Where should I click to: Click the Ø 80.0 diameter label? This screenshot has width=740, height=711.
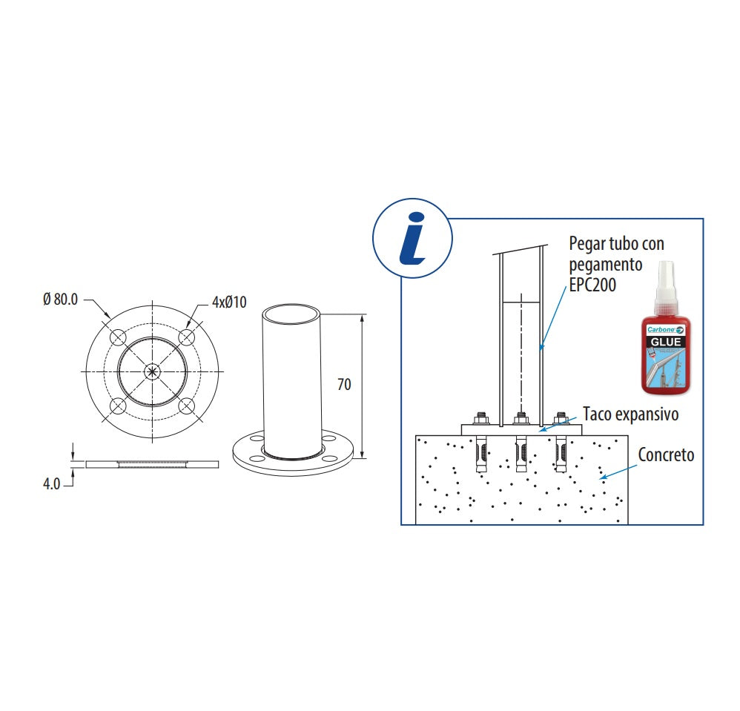[x=60, y=300]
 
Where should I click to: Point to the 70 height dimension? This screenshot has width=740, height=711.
[x=343, y=384]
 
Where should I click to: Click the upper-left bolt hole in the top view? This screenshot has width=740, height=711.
[x=119, y=337]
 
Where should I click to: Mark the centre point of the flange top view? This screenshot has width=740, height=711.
[x=153, y=371]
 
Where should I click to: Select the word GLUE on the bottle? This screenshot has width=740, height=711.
[x=664, y=342]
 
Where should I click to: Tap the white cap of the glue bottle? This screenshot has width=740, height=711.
[x=664, y=281]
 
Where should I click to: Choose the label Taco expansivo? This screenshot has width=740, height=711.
[x=630, y=414]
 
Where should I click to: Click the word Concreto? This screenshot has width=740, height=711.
[x=667, y=454]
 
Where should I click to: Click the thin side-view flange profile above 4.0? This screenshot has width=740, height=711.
[x=153, y=464]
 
